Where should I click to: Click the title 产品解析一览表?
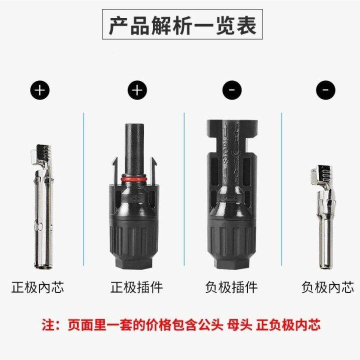click(182, 25)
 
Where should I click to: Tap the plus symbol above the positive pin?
click(40, 90)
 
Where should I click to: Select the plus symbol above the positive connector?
click(137, 90)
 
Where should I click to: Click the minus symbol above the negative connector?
click(232, 90)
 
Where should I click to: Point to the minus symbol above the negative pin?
click(325, 90)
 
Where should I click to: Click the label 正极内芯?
click(38, 287)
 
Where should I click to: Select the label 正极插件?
click(136, 287)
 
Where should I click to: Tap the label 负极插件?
click(231, 287)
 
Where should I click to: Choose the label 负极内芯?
click(327, 287)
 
